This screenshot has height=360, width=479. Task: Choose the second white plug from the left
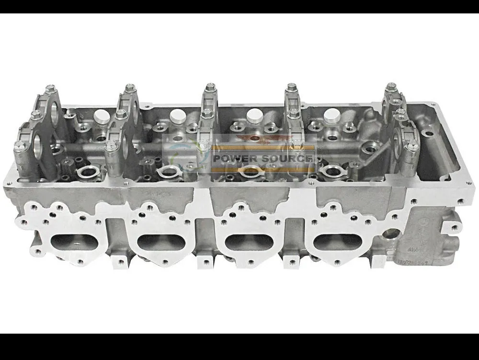tap(177, 115)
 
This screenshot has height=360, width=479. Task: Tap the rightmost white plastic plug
tap(331, 115)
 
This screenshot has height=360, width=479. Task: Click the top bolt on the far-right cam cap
tap(391, 87)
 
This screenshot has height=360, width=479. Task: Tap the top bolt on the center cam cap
tap(209, 88)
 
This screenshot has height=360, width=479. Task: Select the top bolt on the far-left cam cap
tap(49, 89)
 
